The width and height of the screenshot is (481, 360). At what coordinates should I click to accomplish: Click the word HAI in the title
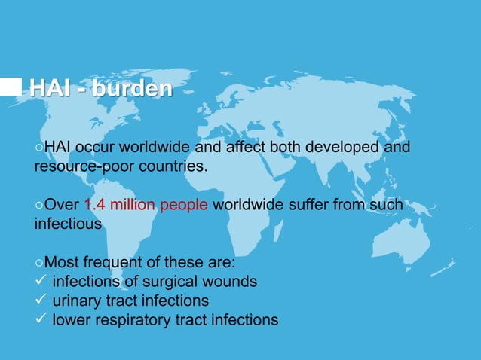[x=51, y=88]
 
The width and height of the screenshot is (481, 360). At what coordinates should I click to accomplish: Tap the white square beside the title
[x=11, y=87]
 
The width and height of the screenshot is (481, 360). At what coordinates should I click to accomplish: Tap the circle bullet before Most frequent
[x=39, y=263]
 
